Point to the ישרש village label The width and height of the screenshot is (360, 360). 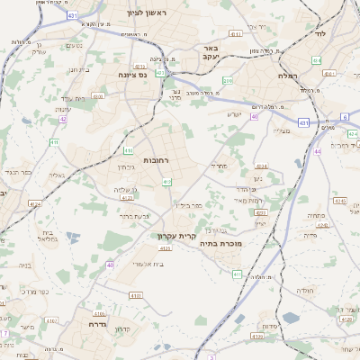coord(235,115)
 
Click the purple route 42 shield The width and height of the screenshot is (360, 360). coord(63,118)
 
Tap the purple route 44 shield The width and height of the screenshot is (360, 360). coord(318,151)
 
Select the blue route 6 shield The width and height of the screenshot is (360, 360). coord(344,117)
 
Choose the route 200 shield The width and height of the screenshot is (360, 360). coord(228,81)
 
